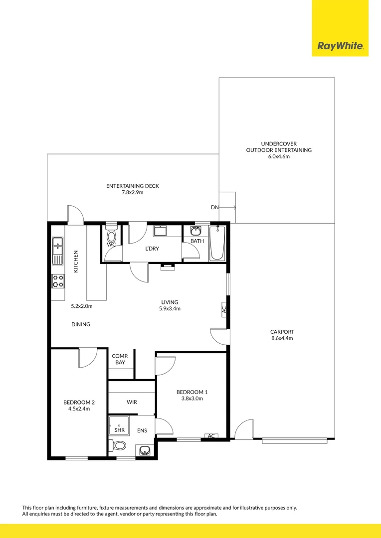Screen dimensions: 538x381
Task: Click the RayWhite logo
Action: click(x=340, y=46)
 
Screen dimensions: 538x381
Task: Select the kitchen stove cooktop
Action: click(x=58, y=281)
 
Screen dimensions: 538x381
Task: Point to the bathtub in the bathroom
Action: click(x=217, y=243)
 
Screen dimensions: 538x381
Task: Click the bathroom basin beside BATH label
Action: click(x=195, y=231)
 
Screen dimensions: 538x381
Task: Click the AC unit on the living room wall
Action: click(x=223, y=310)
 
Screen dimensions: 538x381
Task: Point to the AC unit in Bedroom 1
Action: click(x=211, y=436)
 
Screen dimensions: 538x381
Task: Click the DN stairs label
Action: click(x=214, y=207)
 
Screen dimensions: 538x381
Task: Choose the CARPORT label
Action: click(x=282, y=332)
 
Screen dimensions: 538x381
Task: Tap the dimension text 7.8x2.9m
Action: click(x=132, y=192)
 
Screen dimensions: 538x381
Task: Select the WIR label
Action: click(x=132, y=402)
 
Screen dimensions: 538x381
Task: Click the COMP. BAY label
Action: click(x=120, y=359)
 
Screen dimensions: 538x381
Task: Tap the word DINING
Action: click(x=81, y=324)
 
